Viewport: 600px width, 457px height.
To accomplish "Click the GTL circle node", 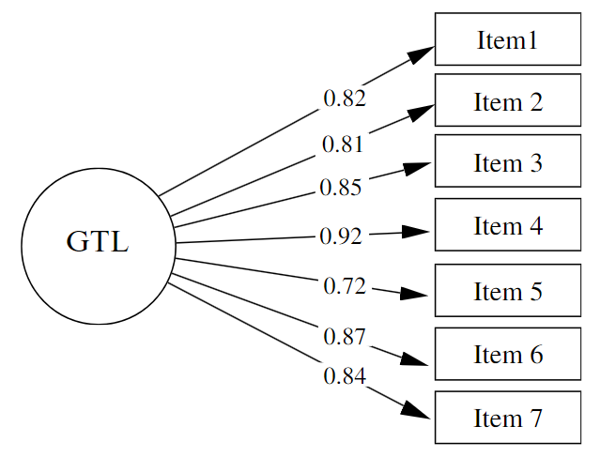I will pos(98,246).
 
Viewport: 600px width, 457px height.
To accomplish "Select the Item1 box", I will pos(507,39).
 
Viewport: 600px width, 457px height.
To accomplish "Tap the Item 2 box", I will pos(507,101).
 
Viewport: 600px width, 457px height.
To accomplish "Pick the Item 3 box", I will pos(507,163).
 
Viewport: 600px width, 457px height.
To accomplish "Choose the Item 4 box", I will pos(507,226).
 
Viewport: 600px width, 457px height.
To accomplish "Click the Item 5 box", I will pos(507,291).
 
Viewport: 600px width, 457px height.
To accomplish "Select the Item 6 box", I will pos(507,355).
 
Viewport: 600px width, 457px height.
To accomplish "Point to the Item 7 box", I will pos(507,418).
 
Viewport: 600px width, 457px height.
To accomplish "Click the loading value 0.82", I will pos(344,98).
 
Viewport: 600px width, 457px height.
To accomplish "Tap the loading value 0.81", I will pos(343,145).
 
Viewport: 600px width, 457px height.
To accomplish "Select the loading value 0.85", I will pos(340,188).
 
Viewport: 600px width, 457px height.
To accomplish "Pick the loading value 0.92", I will pos(340,236).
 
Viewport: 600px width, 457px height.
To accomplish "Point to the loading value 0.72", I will pos(344,286).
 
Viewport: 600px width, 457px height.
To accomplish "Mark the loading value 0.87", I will pos(344,335).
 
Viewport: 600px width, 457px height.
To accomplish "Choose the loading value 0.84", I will pos(344,376).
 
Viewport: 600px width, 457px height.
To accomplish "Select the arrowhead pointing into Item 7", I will pos(421,412).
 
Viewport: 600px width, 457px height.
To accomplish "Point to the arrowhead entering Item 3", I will pos(419,168).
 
